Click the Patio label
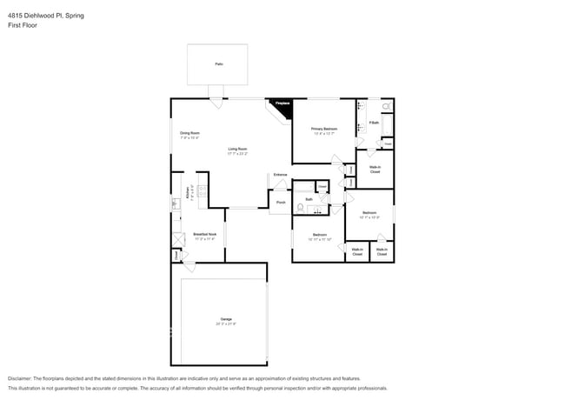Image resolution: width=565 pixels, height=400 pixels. pos(217,64)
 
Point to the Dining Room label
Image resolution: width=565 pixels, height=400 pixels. pos(189,133)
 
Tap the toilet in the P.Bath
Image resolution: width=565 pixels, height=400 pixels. pos(387,106)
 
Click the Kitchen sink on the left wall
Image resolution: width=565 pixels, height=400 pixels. pos(175,204)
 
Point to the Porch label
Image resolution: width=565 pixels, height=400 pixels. pos(281,203)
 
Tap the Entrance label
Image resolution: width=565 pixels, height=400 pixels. pos(280,175)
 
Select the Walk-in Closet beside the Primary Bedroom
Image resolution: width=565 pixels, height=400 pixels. pos(375,169)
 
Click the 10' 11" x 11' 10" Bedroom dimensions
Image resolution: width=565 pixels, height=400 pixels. pos(320,239)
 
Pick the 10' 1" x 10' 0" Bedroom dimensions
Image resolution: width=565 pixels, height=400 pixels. pos(369,217)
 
